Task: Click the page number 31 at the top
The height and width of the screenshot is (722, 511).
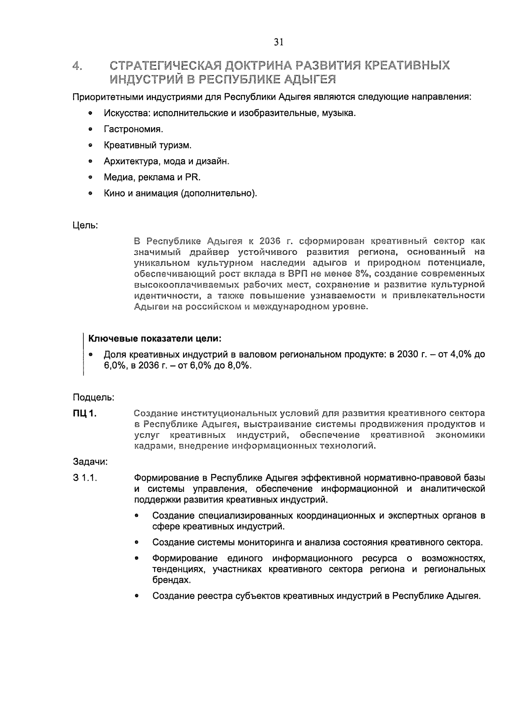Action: click(278, 42)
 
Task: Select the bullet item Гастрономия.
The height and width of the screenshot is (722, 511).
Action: click(133, 129)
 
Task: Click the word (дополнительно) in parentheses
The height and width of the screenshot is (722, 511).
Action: click(219, 194)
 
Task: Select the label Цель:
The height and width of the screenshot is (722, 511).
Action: click(86, 225)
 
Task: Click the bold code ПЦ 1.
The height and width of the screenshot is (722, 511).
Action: click(84, 413)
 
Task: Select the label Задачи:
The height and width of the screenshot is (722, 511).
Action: click(90, 462)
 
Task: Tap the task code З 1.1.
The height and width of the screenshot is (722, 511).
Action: click(85, 478)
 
